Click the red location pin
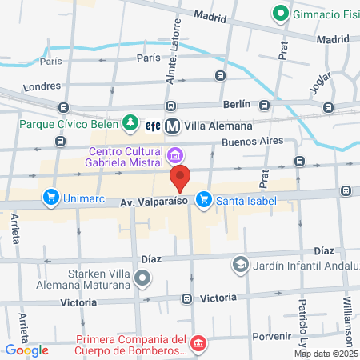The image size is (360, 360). pyautogui.click(x=180, y=178)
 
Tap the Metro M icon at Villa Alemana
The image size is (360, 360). pyautogui.click(x=173, y=125)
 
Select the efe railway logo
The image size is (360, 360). pyautogui.click(x=154, y=125)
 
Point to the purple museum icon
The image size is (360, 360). pyautogui.click(x=177, y=153)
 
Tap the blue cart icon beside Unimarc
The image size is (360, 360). pyautogui.click(x=51, y=197)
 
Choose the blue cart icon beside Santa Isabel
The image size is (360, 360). pyautogui.click(x=204, y=198)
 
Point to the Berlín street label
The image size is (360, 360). pyautogui.click(x=238, y=105)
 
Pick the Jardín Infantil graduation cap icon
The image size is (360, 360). pyautogui.click(x=240, y=263)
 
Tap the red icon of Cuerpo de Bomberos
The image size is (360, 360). pyautogui.click(x=198, y=344)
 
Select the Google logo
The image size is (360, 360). pyautogui.click(x=26, y=350)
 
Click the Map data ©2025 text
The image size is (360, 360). pyautogui.click(x=326, y=354)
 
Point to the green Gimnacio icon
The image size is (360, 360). pyautogui.click(x=280, y=13)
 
